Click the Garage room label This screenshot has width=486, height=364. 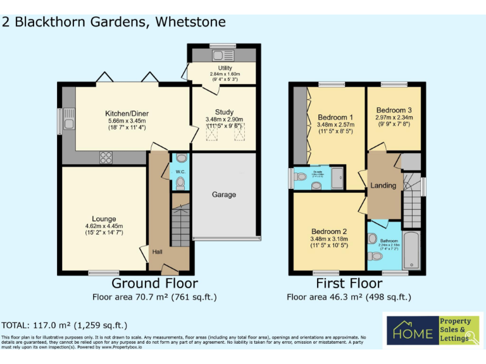click(x=224, y=195)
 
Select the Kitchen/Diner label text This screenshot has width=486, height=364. click(x=127, y=114)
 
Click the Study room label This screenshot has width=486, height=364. click(x=224, y=112)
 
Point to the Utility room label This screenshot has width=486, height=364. click(x=224, y=68)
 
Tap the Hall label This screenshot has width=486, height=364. click(x=157, y=252)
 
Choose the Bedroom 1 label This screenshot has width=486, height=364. click(x=335, y=118)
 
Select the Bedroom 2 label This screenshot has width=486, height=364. click(x=328, y=232)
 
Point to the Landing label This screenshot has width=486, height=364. click(x=383, y=186)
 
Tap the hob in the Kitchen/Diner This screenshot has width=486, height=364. click(x=106, y=157)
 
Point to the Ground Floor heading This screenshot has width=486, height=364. click(x=154, y=284)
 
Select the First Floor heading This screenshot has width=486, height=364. click(x=349, y=284)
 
